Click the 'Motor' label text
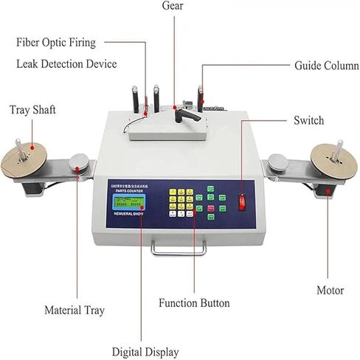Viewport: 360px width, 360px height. pyautogui.click(x=330, y=291)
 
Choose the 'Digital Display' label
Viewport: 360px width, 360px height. pyautogui.click(x=145, y=352)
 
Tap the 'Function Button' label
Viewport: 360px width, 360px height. pyautogui.click(x=194, y=303)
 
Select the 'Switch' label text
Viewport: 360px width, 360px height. pyautogui.click(x=308, y=120)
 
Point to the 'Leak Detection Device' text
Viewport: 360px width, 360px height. pyautogui.click(x=66, y=64)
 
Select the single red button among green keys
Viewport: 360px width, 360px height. pyautogui.click(x=210, y=209)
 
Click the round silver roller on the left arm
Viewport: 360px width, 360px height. pyautogui.click(x=79, y=162)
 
